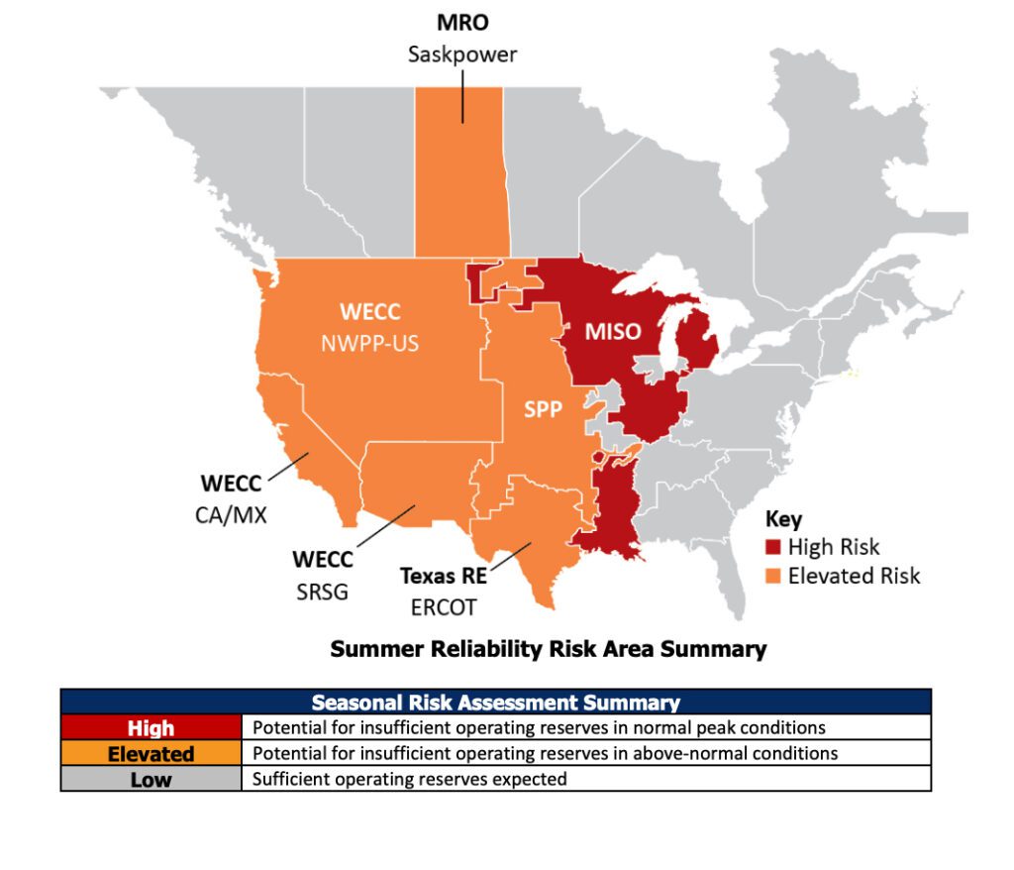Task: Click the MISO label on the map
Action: (612, 332)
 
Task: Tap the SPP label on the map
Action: (543, 408)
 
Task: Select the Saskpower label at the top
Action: (462, 54)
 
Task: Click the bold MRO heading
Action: (462, 22)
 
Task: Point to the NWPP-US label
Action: (369, 344)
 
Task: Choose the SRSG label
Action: (322, 592)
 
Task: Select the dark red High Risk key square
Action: (773, 547)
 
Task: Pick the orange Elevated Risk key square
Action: (773, 576)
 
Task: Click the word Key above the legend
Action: (783, 519)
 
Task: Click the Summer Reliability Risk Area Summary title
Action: (548, 649)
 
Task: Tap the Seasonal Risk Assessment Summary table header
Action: (495, 702)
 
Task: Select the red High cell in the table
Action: (151, 728)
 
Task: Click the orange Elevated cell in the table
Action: (151, 754)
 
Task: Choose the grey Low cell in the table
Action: (151, 779)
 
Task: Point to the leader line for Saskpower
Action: (462, 95)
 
